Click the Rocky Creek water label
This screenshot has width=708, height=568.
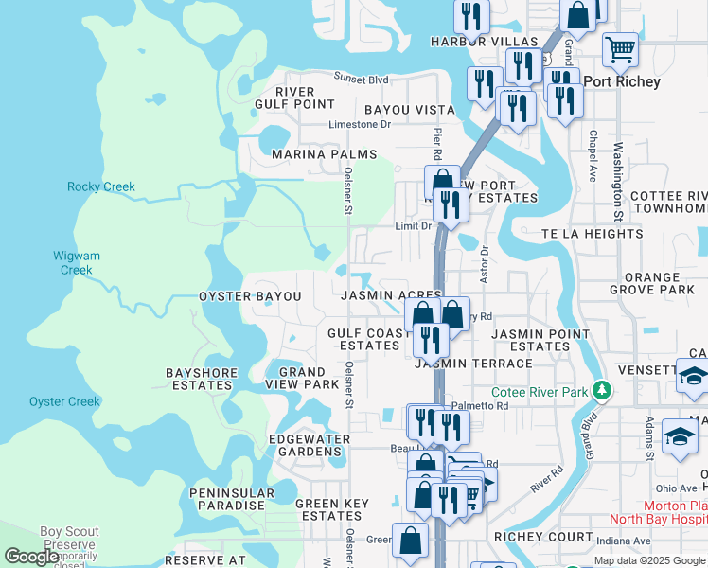(101, 186)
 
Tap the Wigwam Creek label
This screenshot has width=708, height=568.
(77, 263)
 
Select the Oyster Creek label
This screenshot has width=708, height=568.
(64, 401)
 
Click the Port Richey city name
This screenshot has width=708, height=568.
(622, 81)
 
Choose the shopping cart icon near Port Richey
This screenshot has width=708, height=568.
(620, 47)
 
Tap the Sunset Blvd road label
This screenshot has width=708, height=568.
(361, 80)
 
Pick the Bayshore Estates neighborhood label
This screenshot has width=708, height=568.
(199, 379)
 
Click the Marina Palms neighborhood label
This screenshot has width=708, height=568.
(324, 154)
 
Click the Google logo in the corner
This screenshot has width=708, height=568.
(30, 557)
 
